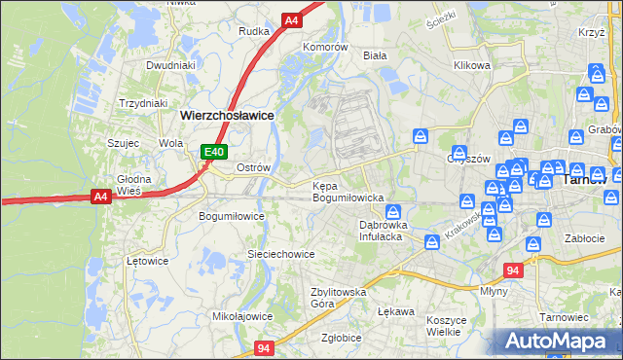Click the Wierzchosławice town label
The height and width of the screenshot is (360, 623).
[227, 114]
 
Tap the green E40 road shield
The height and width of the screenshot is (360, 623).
[215, 152]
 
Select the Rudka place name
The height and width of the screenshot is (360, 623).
[254, 30]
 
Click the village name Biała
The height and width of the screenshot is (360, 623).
[375, 55]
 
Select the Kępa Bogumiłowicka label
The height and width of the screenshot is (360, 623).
[348, 192]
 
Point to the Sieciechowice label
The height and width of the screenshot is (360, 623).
[280, 254]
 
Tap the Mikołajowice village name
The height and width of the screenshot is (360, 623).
[242, 316]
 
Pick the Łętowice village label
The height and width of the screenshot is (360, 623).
[148, 261]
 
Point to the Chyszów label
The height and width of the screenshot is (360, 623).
[466, 159]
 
